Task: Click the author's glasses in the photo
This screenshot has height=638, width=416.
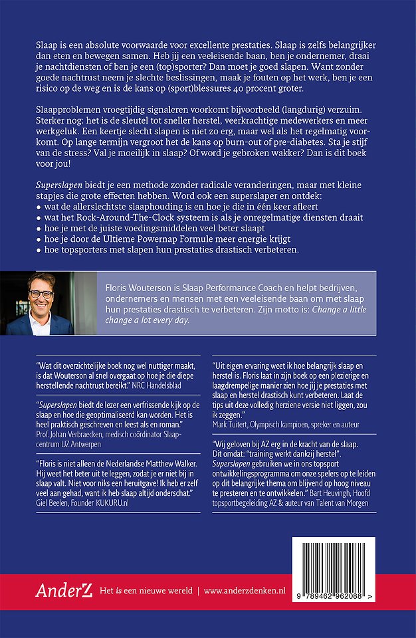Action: (42, 294)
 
